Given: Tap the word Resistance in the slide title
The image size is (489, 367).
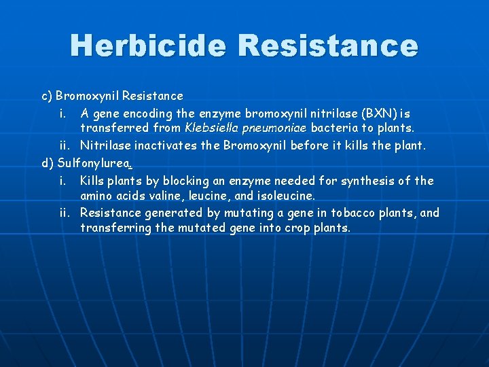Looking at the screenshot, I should click(x=329, y=46).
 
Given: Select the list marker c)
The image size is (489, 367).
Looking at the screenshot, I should click(x=48, y=96).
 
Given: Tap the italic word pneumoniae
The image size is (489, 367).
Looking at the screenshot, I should click(x=275, y=128).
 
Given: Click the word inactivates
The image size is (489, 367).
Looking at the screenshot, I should click(x=168, y=145).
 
